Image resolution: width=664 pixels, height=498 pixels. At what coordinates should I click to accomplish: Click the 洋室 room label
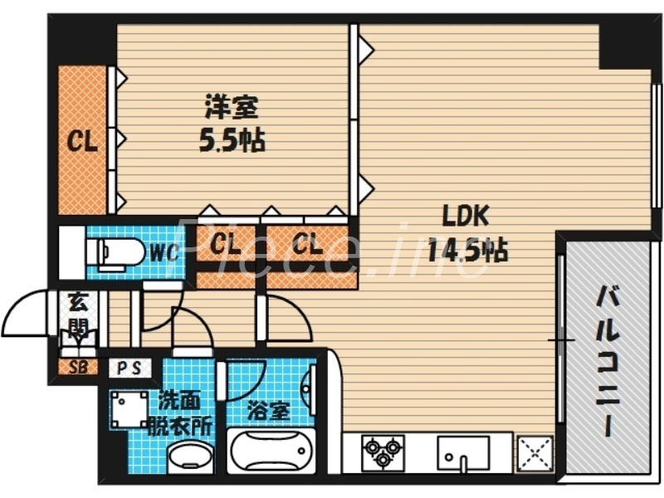(232, 107)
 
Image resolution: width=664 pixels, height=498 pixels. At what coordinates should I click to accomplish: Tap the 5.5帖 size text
(232, 141)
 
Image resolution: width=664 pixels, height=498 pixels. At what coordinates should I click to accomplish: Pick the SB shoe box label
(77, 366)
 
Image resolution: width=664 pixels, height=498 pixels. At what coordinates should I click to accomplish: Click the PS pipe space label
(129, 368)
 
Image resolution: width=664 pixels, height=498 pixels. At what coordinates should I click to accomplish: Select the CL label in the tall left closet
(82, 141)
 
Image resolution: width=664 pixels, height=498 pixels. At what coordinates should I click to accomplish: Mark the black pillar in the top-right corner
(624, 41)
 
